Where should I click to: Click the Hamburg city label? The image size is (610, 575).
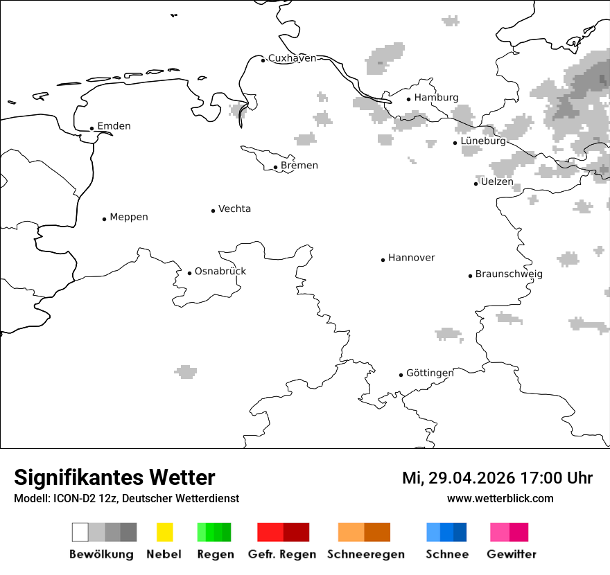[x=436, y=98]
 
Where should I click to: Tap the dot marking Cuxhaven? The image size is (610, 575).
[x=263, y=60]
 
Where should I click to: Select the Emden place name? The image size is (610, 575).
[x=114, y=126]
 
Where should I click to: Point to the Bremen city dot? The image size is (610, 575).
[x=275, y=167]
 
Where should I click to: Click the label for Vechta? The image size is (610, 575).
[x=234, y=209]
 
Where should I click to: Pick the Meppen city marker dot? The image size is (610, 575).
[x=104, y=219]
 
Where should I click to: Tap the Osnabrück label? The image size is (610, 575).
[x=220, y=271]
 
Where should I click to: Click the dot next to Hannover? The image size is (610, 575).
[x=383, y=260]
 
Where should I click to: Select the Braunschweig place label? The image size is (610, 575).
[x=509, y=274]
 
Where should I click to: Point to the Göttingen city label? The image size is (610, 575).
[x=430, y=373]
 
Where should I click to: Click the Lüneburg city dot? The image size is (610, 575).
[x=455, y=143]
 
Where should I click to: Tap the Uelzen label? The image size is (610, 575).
[x=497, y=182]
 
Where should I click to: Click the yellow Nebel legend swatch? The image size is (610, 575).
[x=164, y=532]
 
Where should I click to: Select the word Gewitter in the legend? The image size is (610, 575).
[x=512, y=554]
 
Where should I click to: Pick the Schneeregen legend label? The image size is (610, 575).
[x=366, y=554]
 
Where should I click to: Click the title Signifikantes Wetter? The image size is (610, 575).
[x=114, y=477]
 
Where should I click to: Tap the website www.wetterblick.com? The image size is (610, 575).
[x=500, y=498]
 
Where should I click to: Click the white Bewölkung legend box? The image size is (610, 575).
[x=80, y=532]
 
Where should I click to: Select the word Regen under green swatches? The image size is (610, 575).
[x=214, y=554]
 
